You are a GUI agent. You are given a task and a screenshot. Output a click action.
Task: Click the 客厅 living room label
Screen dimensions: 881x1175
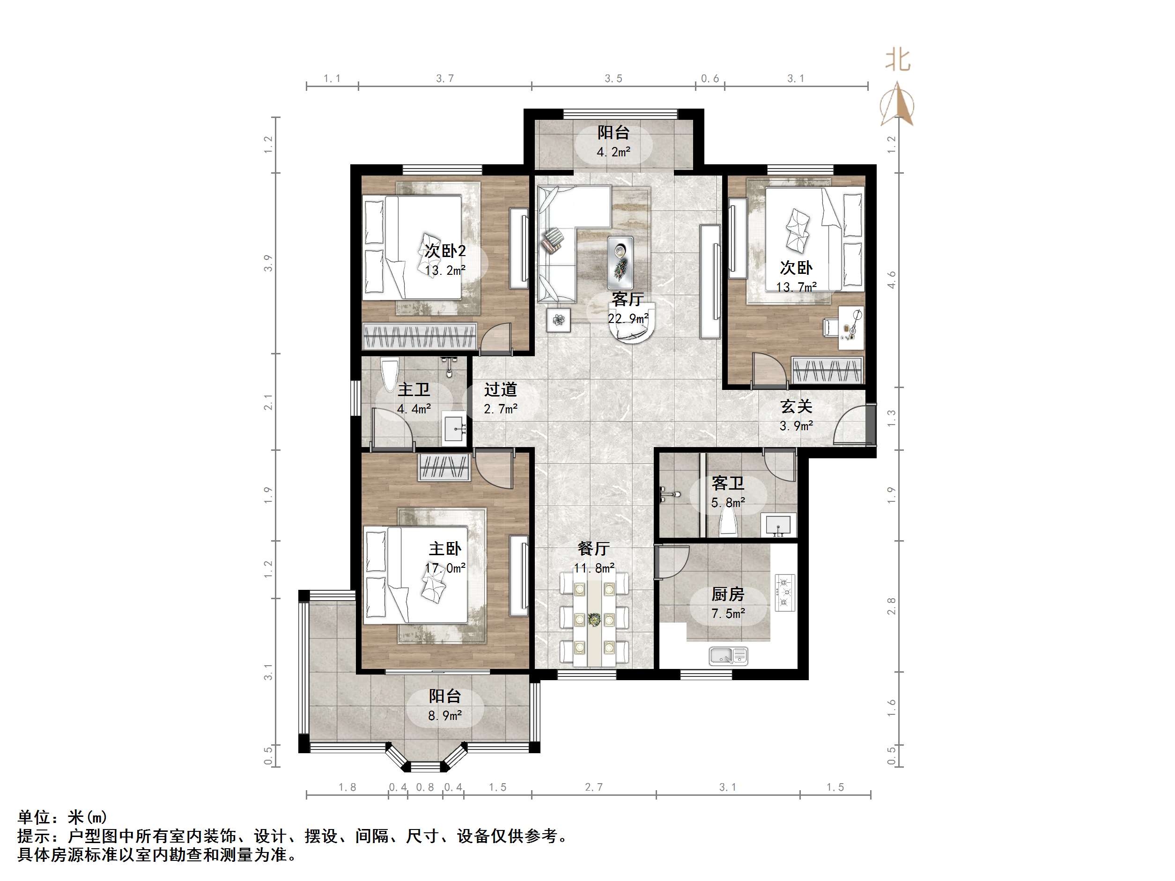pos(628,300)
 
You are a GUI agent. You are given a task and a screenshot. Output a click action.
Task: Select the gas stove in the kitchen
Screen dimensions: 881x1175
pos(784,592)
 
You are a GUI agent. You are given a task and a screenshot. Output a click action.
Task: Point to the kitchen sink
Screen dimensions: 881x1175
pos(728,656)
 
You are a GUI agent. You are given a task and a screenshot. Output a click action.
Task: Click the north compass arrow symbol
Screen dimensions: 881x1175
pos(897,103)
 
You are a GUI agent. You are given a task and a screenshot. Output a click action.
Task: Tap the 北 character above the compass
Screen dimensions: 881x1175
pos(898,60)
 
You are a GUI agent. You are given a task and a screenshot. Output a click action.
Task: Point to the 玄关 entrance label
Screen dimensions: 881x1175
pos(796,407)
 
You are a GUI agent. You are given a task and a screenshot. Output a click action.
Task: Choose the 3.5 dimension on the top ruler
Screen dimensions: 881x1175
pos(613,79)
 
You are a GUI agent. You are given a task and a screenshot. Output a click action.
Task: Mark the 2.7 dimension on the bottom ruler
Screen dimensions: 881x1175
pos(593,787)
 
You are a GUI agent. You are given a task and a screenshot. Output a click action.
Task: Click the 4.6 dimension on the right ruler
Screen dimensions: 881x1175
pos(891,279)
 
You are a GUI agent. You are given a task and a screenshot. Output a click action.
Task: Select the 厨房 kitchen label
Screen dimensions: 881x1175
pos(728,594)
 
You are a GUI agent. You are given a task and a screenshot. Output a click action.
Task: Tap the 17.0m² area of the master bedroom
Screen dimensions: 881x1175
pos(445,568)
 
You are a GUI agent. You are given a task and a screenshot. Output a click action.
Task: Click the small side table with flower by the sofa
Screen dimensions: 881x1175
pos(558,320)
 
